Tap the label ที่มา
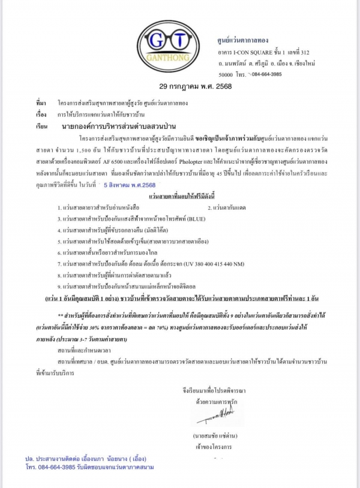pyautogui.click(x=41, y=103)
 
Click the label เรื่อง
pyautogui.click(x=41, y=112)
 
